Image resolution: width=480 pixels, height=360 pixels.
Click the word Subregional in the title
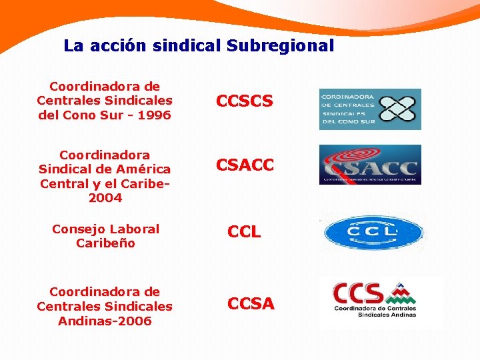pyautogui.click(x=280, y=46)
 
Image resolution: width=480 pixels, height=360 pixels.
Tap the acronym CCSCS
pyautogui.click(x=244, y=101)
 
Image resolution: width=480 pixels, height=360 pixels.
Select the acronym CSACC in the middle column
pyautogui.click(x=245, y=165)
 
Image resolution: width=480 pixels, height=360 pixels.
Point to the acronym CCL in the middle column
pyautogui.click(x=244, y=232)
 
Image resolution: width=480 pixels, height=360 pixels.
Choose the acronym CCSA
pyautogui.click(x=251, y=304)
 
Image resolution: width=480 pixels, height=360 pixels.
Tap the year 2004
pyautogui.click(x=105, y=198)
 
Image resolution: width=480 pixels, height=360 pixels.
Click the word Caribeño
pyautogui.click(x=105, y=243)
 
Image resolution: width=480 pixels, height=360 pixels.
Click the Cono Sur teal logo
pyautogui.click(x=369, y=109)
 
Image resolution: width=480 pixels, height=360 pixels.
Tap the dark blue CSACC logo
pyautogui.click(x=369, y=165)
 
